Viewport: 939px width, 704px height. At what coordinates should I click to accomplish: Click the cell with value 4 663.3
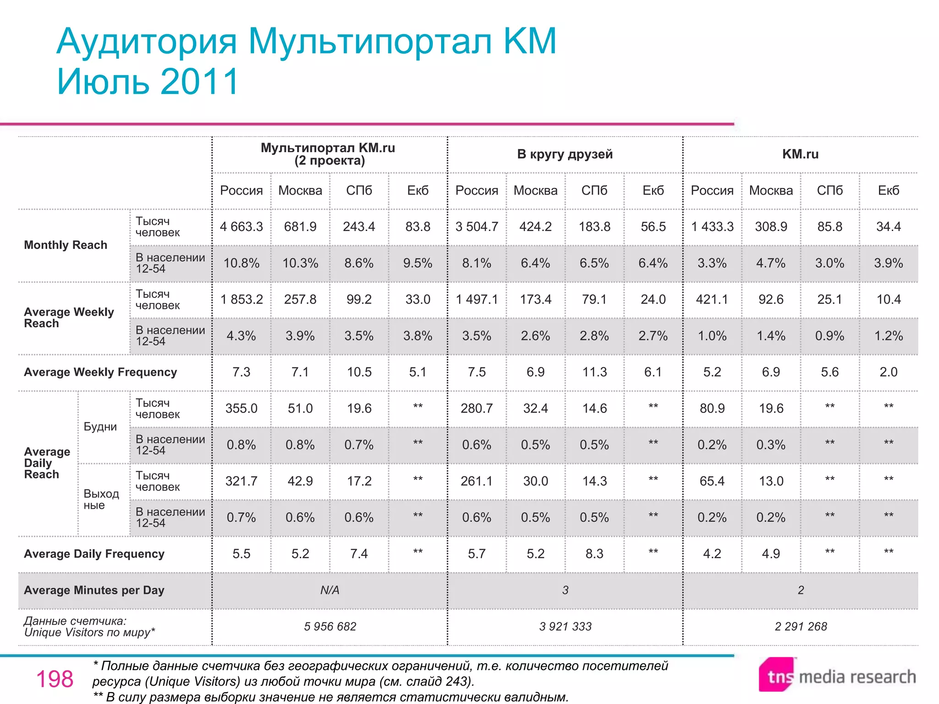tap(241, 227)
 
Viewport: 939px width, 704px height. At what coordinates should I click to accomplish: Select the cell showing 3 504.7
tap(476, 227)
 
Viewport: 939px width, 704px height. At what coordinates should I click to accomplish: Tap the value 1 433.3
tap(712, 227)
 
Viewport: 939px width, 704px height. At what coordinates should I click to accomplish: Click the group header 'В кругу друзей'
tap(565, 154)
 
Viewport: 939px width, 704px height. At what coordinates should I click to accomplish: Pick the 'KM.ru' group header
tap(800, 154)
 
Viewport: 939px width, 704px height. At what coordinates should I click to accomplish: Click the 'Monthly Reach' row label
tap(66, 245)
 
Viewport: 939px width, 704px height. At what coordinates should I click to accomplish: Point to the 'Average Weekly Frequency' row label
tap(100, 372)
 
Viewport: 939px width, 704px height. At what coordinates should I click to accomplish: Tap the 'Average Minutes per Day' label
tap(94, 590)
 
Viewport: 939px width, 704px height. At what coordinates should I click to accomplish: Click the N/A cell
tap(330, 590)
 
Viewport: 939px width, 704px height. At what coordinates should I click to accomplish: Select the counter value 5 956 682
tap(330, 627)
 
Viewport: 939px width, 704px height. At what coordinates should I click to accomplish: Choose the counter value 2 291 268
tap(801, 627)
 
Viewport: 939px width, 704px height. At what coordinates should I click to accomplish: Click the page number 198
tap(55, 679)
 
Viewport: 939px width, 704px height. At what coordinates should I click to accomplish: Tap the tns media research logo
tap(837, 676)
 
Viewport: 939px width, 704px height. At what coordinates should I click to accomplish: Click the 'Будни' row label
tap(100, 427)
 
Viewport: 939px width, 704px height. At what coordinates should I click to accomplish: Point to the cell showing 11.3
tap(594, 372)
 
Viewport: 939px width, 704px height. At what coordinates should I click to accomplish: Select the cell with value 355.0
tap(241, 408)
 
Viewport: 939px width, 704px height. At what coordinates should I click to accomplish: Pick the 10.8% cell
tap(241, 263)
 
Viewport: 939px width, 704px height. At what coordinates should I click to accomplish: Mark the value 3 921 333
tap(565, 627)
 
